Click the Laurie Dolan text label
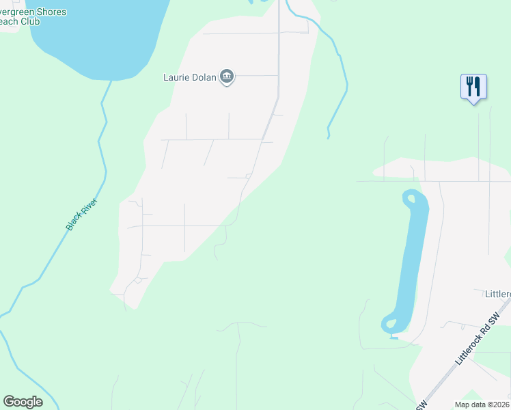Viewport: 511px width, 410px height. click(189, 77)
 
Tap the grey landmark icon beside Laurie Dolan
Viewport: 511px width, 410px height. click(227, 77)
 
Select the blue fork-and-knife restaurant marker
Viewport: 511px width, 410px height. click(473, 87)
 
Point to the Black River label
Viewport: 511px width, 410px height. click(82, 214)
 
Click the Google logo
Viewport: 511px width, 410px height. click(23, 401)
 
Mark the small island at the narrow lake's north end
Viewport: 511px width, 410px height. click(411, 200)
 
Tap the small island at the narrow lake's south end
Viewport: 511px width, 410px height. click(391, 323)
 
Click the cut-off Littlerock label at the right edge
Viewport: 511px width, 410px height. click(497, 294)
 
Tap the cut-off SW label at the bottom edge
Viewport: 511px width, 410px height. click(421, 405)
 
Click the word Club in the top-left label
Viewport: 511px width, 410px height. click(31, 21)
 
